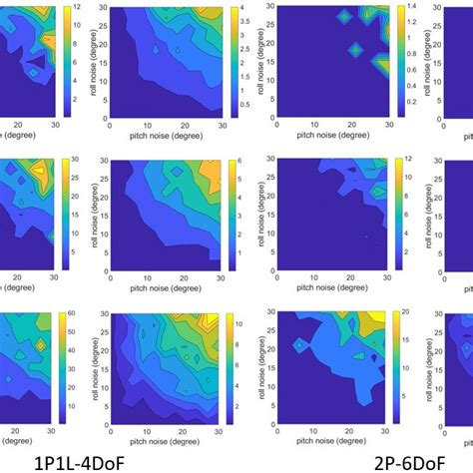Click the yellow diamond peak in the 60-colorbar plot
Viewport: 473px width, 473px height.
[41, 343]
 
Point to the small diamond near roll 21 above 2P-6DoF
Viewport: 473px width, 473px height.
[298, 345]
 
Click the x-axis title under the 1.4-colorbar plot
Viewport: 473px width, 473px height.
[328, 131]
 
